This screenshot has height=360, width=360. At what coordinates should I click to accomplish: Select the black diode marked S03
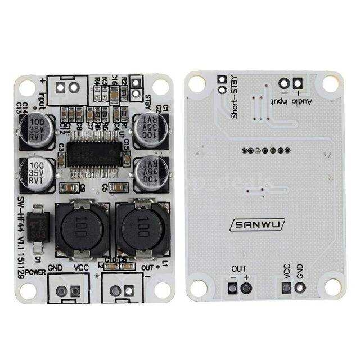point(38,229)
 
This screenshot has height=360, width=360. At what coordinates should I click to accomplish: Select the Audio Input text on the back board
point(291,102)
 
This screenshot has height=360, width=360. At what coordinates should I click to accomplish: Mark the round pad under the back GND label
point(300,288)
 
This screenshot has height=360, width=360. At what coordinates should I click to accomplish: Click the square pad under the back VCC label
point(286,288)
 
